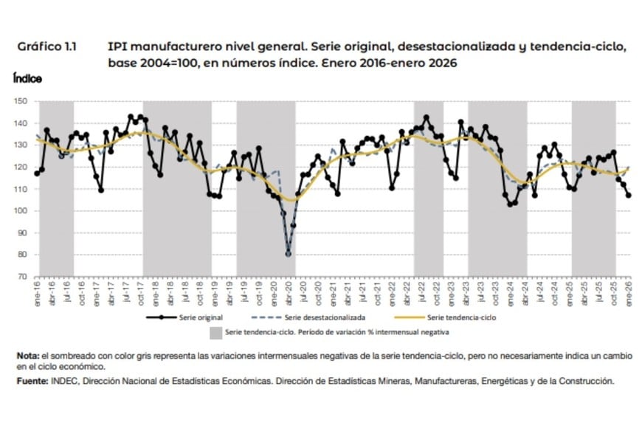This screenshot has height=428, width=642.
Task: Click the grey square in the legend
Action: coord(215,334)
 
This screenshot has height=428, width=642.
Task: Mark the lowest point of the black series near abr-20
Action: coord(288,254)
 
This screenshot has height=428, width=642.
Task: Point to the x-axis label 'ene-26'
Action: coord(629,290)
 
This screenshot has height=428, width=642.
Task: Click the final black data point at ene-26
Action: coord(629,196)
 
